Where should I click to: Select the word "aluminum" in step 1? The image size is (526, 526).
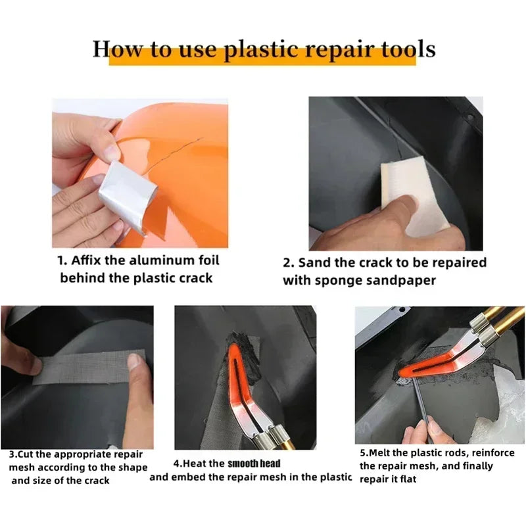pos(150,260)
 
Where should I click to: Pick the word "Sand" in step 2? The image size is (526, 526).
pos(316,262)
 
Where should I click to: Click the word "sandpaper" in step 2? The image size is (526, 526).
pos(403,280)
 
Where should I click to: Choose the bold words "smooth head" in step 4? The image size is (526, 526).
pos(254,464)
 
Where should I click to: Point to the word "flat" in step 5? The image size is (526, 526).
pos(405,479)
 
